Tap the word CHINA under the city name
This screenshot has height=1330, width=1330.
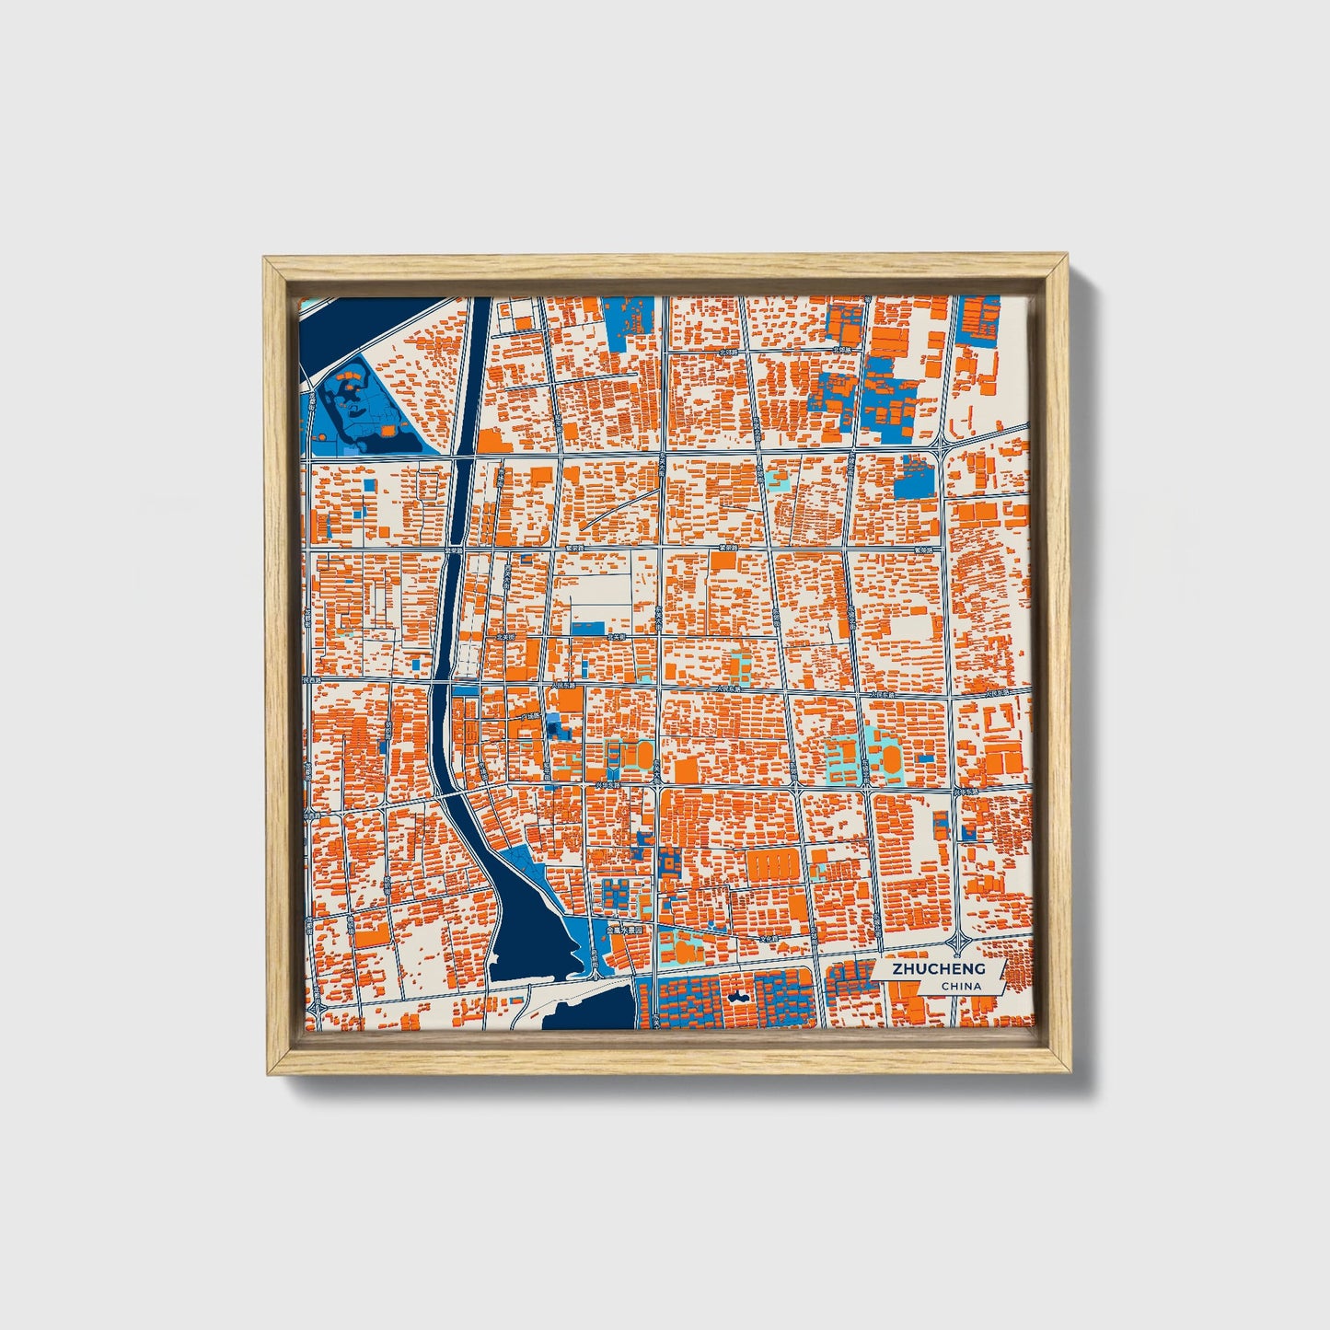[x=960, y=986]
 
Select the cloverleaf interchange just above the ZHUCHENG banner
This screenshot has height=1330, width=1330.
[x=959, y=942]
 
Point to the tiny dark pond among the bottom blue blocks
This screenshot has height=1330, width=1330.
[x=738, y=996]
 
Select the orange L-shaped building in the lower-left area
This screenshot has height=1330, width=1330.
[x=374, y=936]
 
